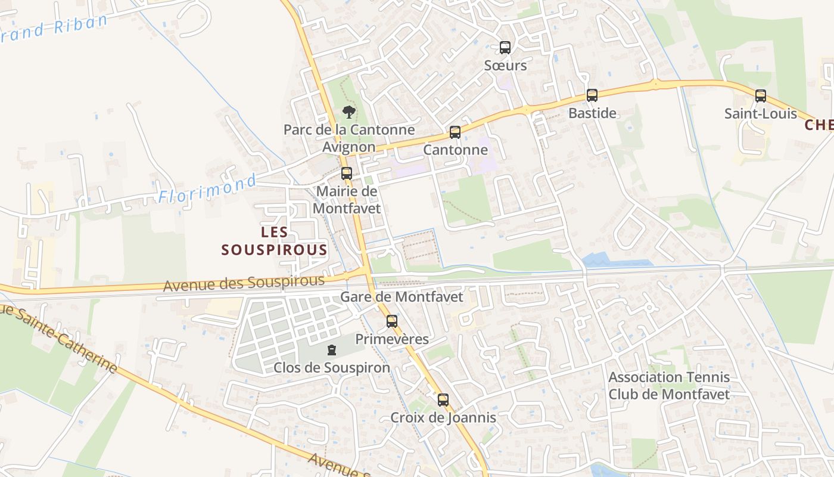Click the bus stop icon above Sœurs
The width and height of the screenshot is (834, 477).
505,47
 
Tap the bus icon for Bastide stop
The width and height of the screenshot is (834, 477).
592,95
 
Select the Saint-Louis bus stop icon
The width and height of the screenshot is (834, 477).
760,95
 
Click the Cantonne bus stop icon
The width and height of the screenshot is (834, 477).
455,132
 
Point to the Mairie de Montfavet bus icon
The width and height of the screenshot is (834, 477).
346,174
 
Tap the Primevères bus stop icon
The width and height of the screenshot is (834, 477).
391,321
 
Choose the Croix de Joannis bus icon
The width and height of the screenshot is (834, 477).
443,399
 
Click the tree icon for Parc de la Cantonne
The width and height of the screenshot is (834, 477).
348,111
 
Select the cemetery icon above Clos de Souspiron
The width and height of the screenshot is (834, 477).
332,350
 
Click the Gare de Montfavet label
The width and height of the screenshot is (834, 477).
402,296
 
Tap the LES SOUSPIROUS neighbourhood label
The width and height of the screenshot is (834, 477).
275,241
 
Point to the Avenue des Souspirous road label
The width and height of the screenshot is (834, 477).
244,283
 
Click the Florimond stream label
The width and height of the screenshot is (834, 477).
207,189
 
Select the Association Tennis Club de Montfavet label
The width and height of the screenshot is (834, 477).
669,385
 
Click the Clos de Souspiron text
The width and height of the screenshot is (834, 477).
332,368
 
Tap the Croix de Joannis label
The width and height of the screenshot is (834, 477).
443,417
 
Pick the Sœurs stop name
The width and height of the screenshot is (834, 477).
505,65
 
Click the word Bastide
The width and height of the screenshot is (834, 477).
592,113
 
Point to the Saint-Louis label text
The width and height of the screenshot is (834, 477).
760,113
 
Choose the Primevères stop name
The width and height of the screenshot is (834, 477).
391,339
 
